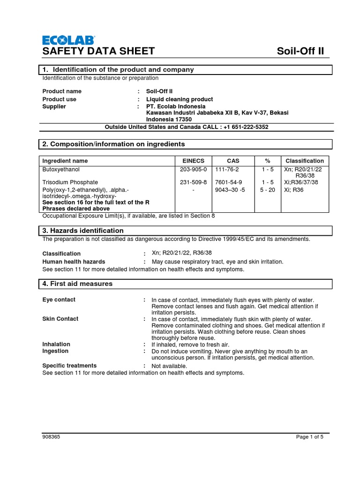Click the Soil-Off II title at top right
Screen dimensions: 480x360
(300, 51)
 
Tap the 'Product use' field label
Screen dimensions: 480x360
(60, 99)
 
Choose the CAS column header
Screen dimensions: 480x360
(233, 161)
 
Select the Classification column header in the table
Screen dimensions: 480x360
(305, 161)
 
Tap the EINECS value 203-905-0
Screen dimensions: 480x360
(193, 169)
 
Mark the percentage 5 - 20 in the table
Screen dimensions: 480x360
(267, 189)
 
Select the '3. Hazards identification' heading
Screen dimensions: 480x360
(83, 231)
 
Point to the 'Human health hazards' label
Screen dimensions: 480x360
(74, 262)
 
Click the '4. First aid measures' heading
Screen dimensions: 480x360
(77, 284)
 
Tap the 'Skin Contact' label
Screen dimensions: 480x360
(60, 319)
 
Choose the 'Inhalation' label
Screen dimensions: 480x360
(56, 344)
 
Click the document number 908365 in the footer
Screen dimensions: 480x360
(51, 437)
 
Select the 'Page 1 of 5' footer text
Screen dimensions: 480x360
(310, 437)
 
